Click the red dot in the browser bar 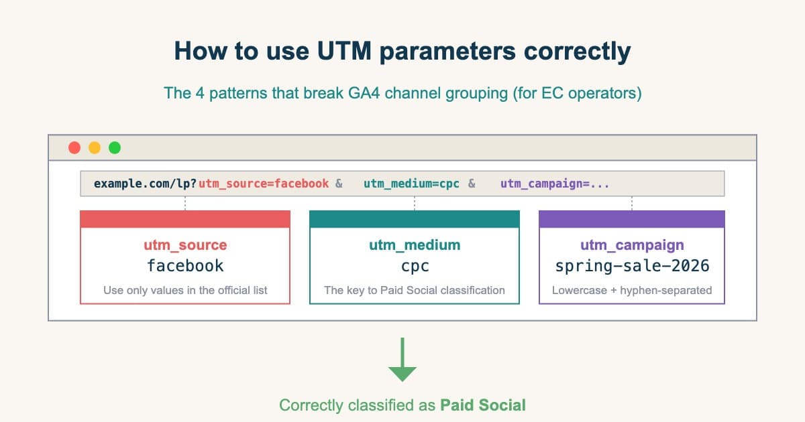[74, 147]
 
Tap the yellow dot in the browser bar [95, 147]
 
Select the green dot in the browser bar [115, 147]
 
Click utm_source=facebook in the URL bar [264, 184]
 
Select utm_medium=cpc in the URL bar [412, 184]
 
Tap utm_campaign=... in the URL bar [555, 184]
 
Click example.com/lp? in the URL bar [146, 184]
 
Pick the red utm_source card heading [185, 245]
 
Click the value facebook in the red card [185, 266]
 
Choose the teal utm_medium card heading [415, 245]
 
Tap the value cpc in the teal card [415, 266]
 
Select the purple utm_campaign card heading [632, 245]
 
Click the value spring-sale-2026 [632, 266]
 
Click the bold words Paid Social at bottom [483, 405]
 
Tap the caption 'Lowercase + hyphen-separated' [632, 290]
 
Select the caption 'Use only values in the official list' [185, 290]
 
